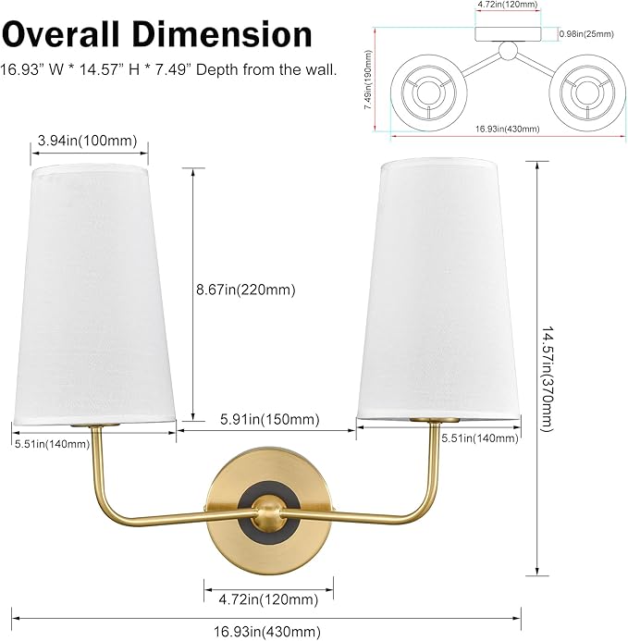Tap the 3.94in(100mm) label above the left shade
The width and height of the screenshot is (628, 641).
pos(89,142)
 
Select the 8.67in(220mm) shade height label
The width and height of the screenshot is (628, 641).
pos(245,290)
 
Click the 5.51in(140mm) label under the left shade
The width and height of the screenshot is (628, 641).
pos(52,444)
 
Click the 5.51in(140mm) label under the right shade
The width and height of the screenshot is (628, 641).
pos(479,438)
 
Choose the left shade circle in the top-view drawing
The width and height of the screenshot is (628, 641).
pos(425,93)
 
